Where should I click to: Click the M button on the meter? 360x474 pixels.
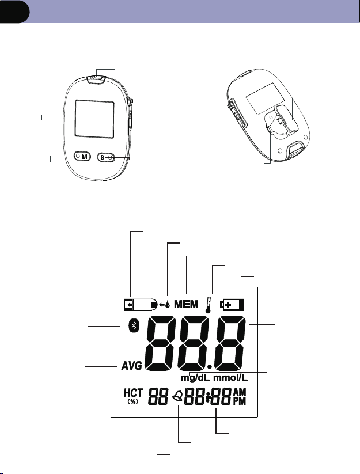[x=82, y=156]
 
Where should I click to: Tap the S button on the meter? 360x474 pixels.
[x=107, y=157]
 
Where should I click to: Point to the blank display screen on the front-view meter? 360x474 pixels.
[x=94, y=119]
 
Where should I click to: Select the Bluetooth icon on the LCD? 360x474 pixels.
[x=134, y=325]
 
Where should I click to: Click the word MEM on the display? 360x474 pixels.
[x=186, y=304]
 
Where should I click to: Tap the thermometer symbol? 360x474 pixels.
[x=208, y=305]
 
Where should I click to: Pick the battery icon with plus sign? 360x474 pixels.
[x=233, y=305]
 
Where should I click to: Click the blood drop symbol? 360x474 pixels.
[x=168, y=305]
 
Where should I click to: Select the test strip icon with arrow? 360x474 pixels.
[x=141, y=305]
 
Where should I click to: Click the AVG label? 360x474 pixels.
[x=132, y=366]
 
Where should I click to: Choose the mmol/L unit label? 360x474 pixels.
[x=230, y=378]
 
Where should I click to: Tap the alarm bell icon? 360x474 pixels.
[x=178, y=396]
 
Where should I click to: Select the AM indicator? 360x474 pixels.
[x=240, y=392]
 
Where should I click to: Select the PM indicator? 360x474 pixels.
[x=240, y=401]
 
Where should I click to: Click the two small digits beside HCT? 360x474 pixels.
[x=158, y=397]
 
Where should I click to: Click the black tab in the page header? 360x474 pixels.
[x=14, y=12]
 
